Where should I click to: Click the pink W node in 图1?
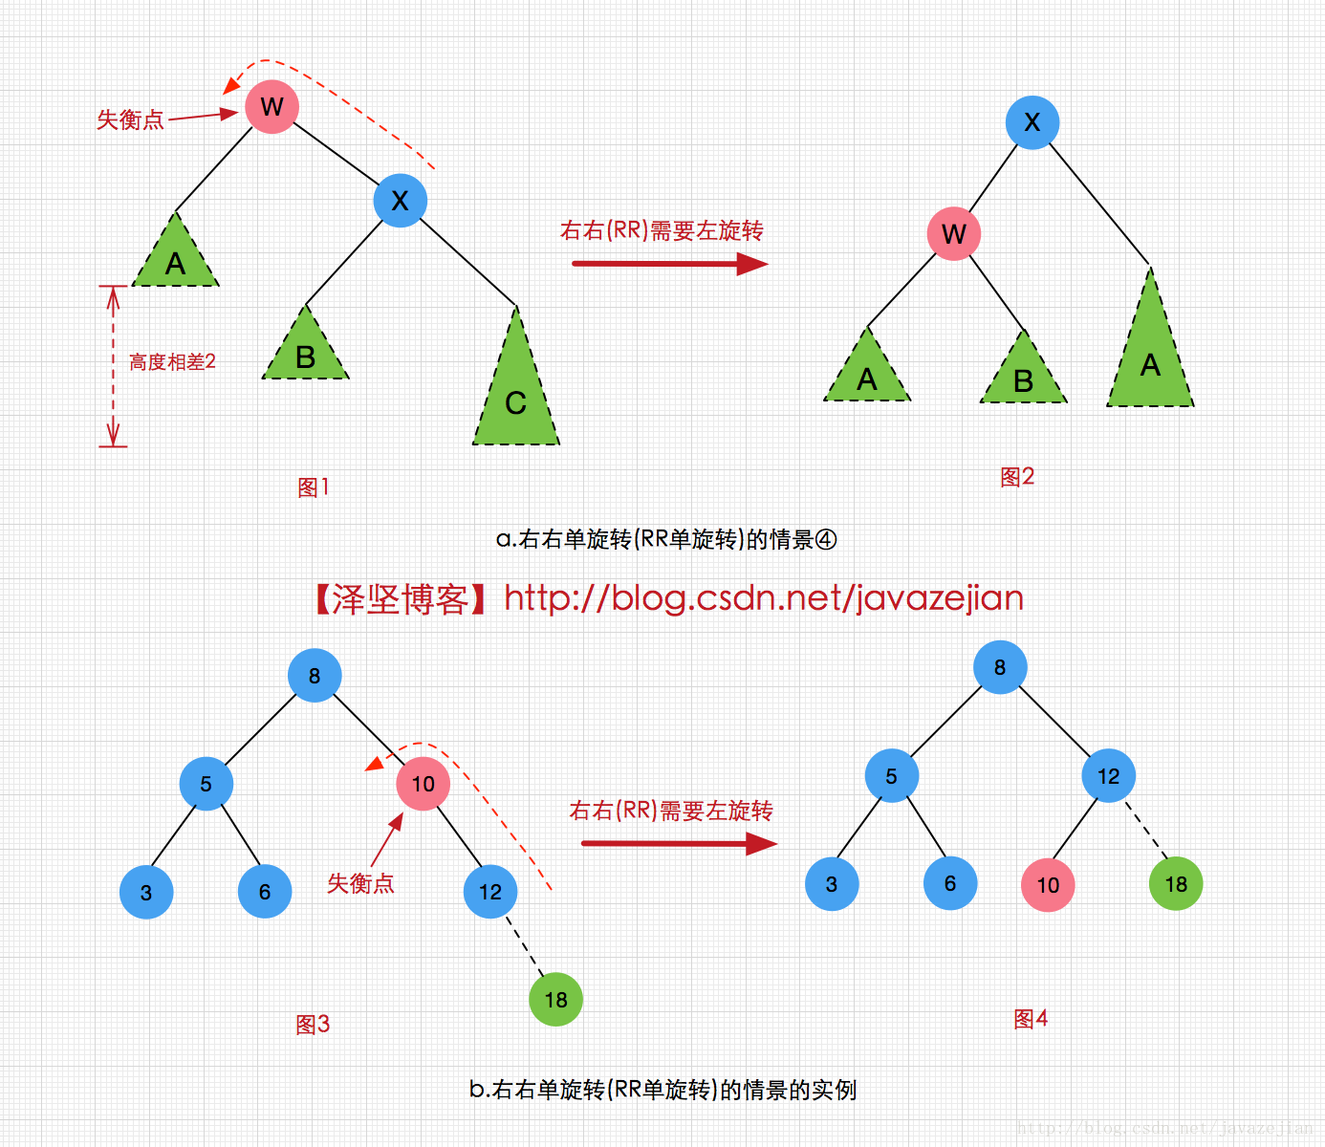click(272, 106)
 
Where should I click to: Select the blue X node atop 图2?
click(1032, 122)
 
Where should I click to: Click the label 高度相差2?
click(172, 362)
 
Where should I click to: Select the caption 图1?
click(314, 487)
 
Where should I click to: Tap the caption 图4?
click(1031, 1019)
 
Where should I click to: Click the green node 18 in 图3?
click(555, 1000)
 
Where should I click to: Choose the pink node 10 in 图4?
click(1048, 885)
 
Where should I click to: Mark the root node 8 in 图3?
click(315, 676)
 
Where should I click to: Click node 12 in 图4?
click(1108, 776)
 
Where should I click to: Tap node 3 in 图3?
click(146, 893)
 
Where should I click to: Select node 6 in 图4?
click(950, 883)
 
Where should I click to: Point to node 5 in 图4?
click(891, 776)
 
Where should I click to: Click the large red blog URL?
click(764, 598)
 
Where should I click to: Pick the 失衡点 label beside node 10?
click(360, 883)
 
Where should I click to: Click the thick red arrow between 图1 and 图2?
click(669, 263)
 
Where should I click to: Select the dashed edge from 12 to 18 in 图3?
click(523, 946)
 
